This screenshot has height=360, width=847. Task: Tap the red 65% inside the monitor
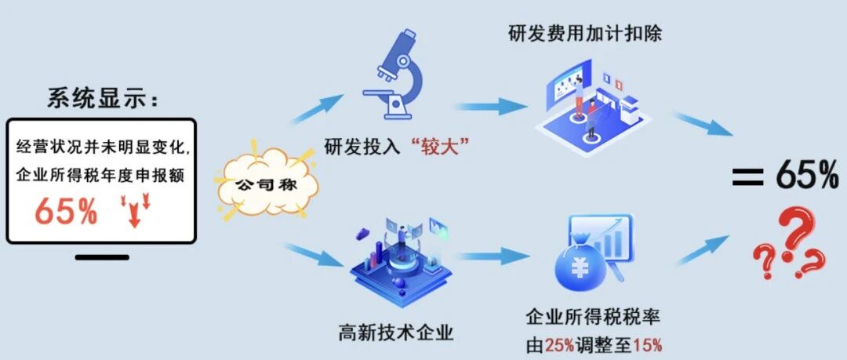pyautogui.click(x=67, y=211)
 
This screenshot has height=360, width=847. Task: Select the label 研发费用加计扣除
pyautogui.click(x=585, y=34)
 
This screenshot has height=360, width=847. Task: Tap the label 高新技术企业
pyautogui.click(x=396, y=331)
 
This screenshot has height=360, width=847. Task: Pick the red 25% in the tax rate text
pyautogui.click(x=559, y=344)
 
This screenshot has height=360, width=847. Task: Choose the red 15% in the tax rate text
pyautogui.click(x=648, y=344)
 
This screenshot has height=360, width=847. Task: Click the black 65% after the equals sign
pyautogui.click(x=808, y=174)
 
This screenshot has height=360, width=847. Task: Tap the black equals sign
pyautogui.click(x=747, y=176)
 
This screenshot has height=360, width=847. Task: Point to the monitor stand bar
pyautogui.click(x=102, y=257)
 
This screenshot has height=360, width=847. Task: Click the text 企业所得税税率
pyautogui.click(x=593, y=318)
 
